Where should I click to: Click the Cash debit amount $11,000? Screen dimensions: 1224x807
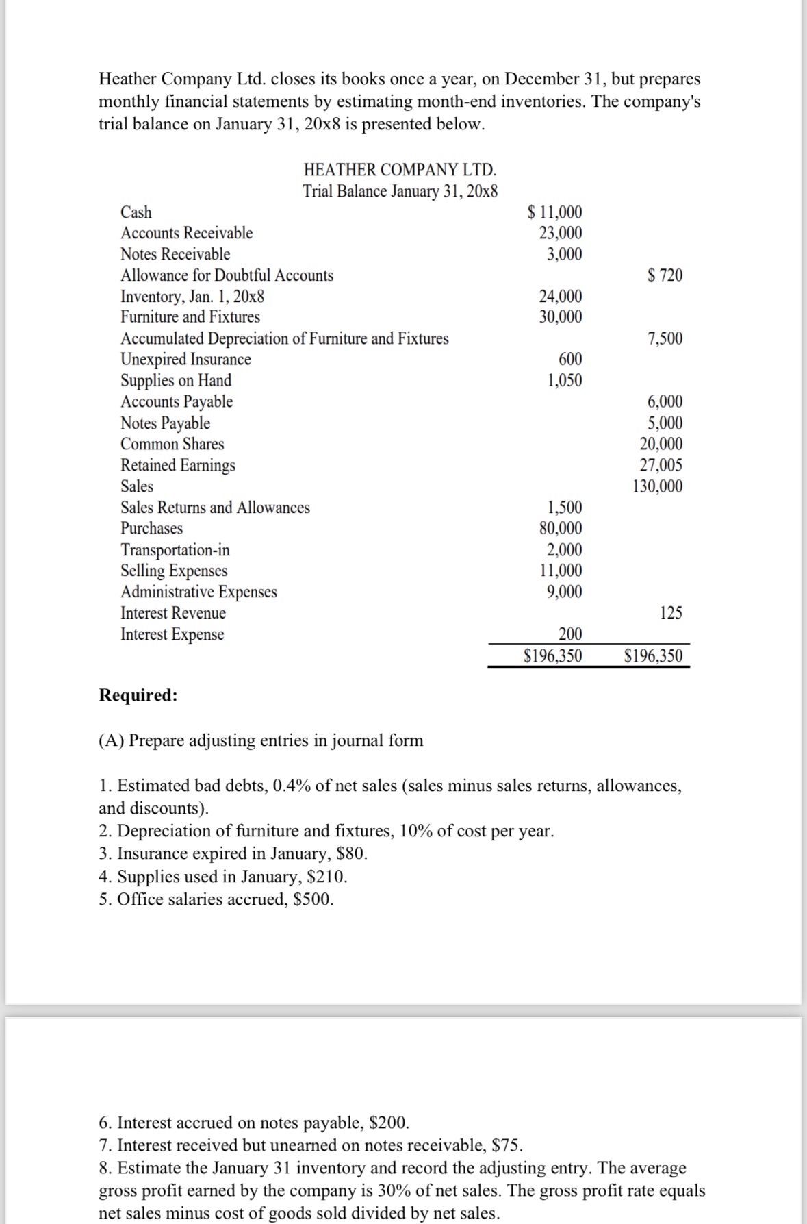pyautogui.click(x=556, y=212)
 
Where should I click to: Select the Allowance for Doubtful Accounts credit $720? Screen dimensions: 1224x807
pyautogui.click(x=665, y=275)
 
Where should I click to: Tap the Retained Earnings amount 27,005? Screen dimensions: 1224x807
pyautogui.click(x=661, y=465)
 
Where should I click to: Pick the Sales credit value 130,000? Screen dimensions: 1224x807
pyautogui.click(x=657, y=486)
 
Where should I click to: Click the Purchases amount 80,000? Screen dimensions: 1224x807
pyautogui.click(x=561, y=528)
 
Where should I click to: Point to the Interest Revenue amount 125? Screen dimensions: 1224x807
pyautogui.click(x=671, y=613)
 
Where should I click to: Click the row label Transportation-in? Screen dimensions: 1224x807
pyautogui.click(x=175, y=550)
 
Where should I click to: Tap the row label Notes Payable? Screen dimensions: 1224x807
pyautogui.click(x=165, y=423)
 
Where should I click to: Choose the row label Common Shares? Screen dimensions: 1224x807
pyautogui.click(x=172, y=444)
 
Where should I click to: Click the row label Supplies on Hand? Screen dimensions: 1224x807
pyautogui.click(x=176, y=380)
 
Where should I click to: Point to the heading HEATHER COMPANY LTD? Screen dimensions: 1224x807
pyautogui.click(x=400, y=169)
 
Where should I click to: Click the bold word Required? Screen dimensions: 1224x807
pyautogui.click(x=138, y=695)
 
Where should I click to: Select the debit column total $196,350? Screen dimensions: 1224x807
pyautogui.click(x=552, y=656)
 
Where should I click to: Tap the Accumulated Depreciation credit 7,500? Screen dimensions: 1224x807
pyautogui.click(x=665, y=338)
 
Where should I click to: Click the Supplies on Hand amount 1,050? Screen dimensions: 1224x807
pyautogui.click(x=565, y=380)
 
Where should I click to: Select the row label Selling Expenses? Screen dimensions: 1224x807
pyautogui.click(x=174, y=571)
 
